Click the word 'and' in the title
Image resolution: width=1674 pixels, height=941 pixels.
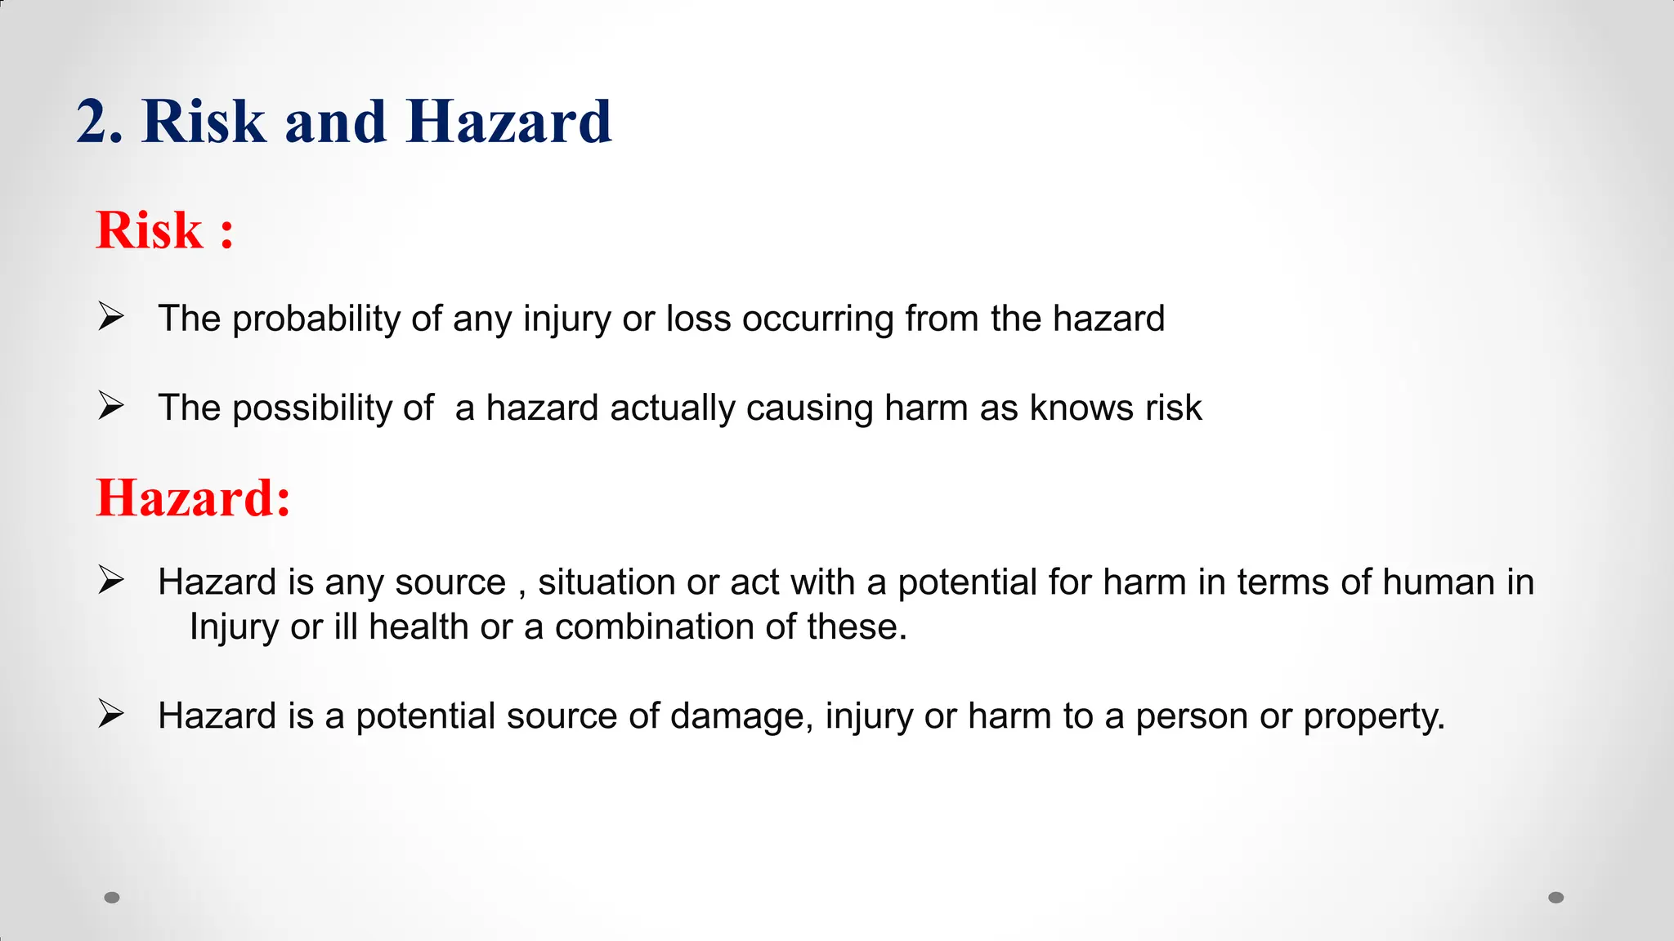(335, 123)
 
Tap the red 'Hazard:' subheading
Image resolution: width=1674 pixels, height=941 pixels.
(193, 497)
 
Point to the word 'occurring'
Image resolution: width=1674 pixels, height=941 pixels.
(817, 319)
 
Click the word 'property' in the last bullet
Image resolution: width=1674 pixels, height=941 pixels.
(1373, 716)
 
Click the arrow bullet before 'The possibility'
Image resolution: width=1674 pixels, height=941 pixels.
(110, 405)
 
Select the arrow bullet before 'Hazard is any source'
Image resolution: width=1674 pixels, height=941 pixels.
(110, 580)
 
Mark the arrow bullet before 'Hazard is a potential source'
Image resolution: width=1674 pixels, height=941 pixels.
(110, 714)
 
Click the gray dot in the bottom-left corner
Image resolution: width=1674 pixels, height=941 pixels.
(112, 898)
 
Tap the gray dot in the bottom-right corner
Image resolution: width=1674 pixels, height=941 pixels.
(1556, 898)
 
